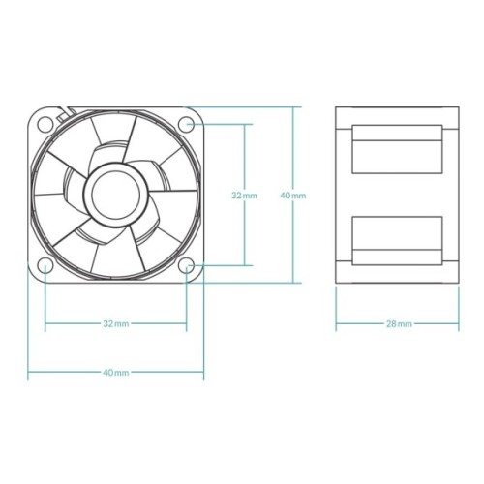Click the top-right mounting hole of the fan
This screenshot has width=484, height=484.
187,123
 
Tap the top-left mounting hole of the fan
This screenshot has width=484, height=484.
45,124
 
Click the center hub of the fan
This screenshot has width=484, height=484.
115,194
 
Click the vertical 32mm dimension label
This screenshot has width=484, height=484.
244,195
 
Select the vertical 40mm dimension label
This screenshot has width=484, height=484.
292,195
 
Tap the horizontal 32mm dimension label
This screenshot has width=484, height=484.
115,323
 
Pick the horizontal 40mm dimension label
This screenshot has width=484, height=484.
115,372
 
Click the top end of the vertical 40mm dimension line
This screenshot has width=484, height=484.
292,106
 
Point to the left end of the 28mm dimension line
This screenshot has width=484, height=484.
336,323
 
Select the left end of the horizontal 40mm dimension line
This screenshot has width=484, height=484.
28,372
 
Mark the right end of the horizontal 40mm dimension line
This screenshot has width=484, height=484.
203,372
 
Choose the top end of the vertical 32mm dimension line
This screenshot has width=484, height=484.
244,124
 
